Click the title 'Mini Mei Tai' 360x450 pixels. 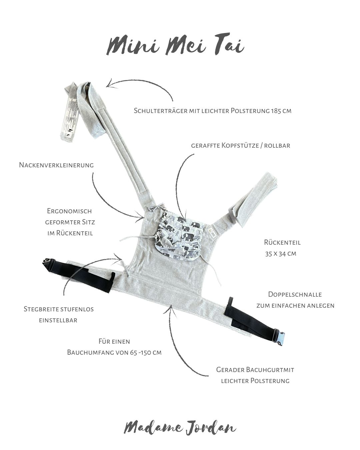(175, 46)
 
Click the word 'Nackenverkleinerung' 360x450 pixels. (56, 165)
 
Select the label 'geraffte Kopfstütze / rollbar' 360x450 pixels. (241, 146)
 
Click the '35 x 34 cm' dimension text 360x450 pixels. (281, 254)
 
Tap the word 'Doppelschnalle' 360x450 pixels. (295, 294)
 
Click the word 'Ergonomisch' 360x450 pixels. (69, 211)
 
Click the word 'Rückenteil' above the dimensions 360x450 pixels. (282, 242)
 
